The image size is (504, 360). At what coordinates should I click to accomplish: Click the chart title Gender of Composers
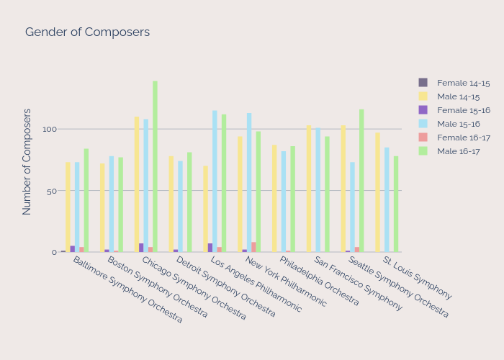pos(87,32)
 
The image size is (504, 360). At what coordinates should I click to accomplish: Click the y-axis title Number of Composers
pos(27,162)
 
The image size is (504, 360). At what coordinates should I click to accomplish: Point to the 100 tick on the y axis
pos(49,130)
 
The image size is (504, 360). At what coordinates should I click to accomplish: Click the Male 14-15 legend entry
pos(459,96)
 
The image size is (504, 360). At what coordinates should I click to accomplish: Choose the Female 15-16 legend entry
pos(463,110)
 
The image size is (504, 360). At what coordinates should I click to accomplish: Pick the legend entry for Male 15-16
pos(459,124)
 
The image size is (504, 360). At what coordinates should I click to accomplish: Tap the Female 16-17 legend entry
pos(463,138)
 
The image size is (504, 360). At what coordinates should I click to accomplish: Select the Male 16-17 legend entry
pos(459,151)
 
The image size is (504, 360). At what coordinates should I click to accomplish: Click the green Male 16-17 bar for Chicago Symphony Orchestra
pos(155,166)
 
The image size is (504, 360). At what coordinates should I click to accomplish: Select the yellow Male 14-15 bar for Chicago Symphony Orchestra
pos(137,184)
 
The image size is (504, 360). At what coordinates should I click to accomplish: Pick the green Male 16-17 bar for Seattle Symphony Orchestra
pos(361,181)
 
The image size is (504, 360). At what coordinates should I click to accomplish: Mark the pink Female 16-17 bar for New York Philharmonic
pos(254,247)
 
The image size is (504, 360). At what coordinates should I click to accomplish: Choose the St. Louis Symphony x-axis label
pos(417,278)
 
